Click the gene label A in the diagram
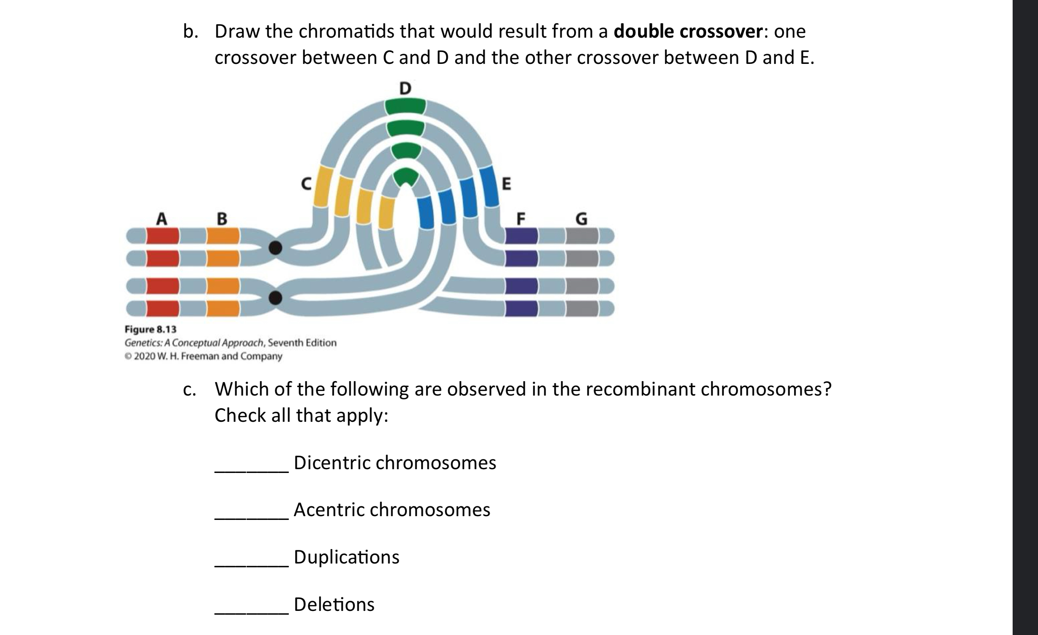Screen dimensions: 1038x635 162,219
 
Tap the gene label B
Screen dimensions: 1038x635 222,219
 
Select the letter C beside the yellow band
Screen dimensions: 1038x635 306,183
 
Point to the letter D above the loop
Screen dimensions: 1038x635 405,88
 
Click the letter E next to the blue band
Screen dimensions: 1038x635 506,184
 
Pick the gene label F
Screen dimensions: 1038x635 521,219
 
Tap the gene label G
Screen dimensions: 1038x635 582,219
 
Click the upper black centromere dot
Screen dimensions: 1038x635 276,247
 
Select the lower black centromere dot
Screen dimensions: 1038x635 276,298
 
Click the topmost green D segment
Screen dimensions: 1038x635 405,106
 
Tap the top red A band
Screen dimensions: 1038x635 163,236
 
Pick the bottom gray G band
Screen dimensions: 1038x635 583,309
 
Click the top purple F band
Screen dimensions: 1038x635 522,236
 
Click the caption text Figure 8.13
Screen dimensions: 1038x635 151,329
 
